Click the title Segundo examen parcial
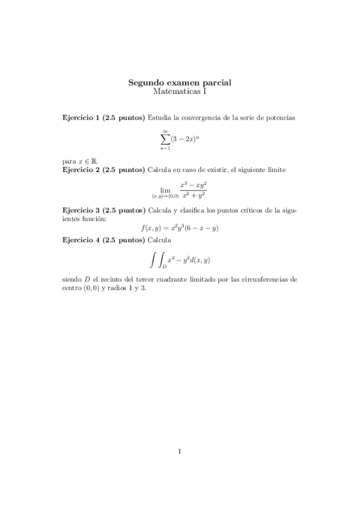point(180,82)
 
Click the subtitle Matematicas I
point(180,91)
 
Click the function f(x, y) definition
point(179,228)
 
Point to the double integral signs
point(157,259)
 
